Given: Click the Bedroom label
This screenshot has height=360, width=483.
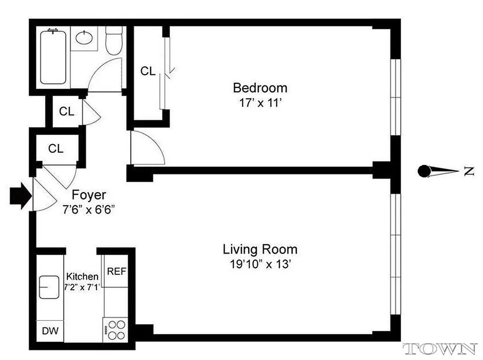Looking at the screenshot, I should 259,87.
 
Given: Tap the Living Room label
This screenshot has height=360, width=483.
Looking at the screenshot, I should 260,249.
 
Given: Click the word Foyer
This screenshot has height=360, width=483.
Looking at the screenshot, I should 89,195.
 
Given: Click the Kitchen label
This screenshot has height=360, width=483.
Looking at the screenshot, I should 82,276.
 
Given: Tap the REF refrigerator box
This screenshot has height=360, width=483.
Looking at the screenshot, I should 116,271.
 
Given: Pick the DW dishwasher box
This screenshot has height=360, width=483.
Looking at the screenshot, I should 50,331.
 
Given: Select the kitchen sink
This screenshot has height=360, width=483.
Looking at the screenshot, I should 49,287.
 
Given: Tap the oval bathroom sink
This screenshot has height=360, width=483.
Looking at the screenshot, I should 84,37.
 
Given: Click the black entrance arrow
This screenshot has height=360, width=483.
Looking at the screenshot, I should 20,195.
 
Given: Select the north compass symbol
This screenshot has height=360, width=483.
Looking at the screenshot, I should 443,171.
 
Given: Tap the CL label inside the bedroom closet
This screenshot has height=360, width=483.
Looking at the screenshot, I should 148,71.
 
